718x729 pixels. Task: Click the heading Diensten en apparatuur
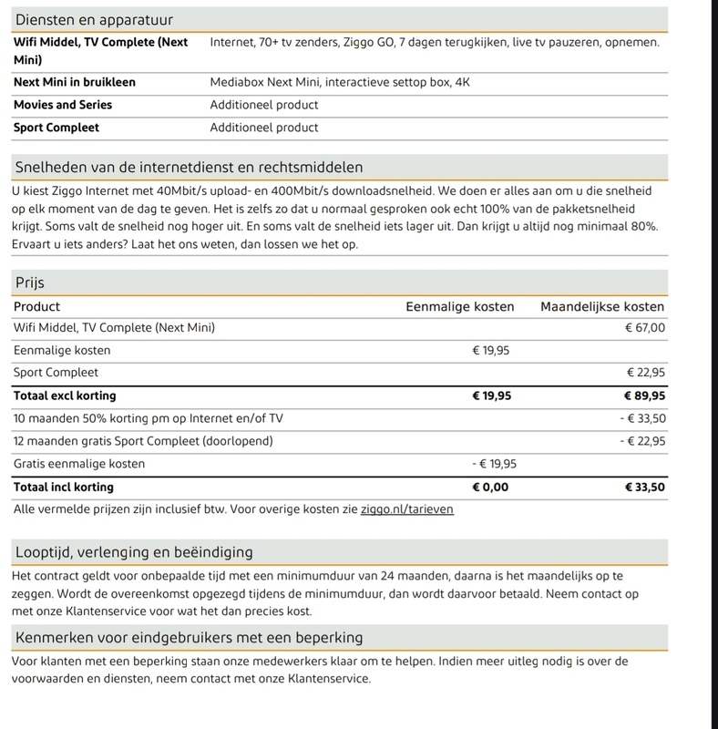pos(95,19)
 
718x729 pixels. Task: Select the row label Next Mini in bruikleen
pos(75,82)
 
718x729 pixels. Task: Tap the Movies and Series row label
pos(69,105)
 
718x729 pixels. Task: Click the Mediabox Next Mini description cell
pos(340,82)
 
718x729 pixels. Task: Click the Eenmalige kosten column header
pos(459,307)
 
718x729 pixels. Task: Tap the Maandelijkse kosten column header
pos(602,307)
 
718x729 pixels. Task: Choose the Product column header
pos(37,307)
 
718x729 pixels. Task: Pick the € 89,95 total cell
pos(643,396)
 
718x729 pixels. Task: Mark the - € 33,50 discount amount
pos(642,419)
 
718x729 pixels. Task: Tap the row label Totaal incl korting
pos(64,487)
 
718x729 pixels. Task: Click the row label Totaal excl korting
pos(65,396)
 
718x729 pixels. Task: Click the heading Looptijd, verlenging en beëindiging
pos(135,552)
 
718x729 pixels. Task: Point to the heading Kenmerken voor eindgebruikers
pos(190,636)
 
